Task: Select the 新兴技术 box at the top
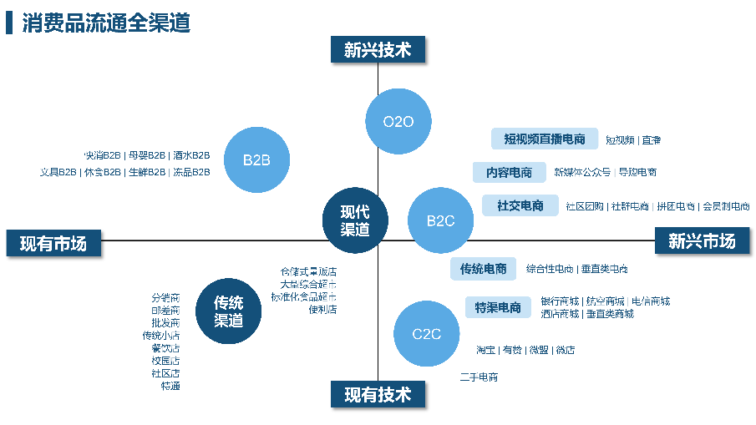(x=378, y=49)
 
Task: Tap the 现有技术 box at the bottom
(x=378, y=394)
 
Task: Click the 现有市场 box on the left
(x=53, y=242)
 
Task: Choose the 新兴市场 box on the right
(x=702, y=240)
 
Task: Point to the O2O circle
(x=398, y=122)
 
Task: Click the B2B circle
(x=256, y=159)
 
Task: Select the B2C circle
(x=440, y=220)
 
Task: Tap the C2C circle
(x=426, y=334)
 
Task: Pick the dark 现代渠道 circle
(x=355, y=220)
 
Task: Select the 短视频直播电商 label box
(x=544, y=139)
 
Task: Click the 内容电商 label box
(x=509, y=172)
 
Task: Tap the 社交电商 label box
(x=520, y=205)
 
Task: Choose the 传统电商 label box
(x=483, y=269)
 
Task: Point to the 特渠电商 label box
(x=498, y=307)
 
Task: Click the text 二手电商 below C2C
(x=479, y=377)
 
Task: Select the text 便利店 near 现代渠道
(x=322, y=309)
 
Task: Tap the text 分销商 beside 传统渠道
(x=165, y=297)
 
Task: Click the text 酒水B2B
(x=191, y=155)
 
